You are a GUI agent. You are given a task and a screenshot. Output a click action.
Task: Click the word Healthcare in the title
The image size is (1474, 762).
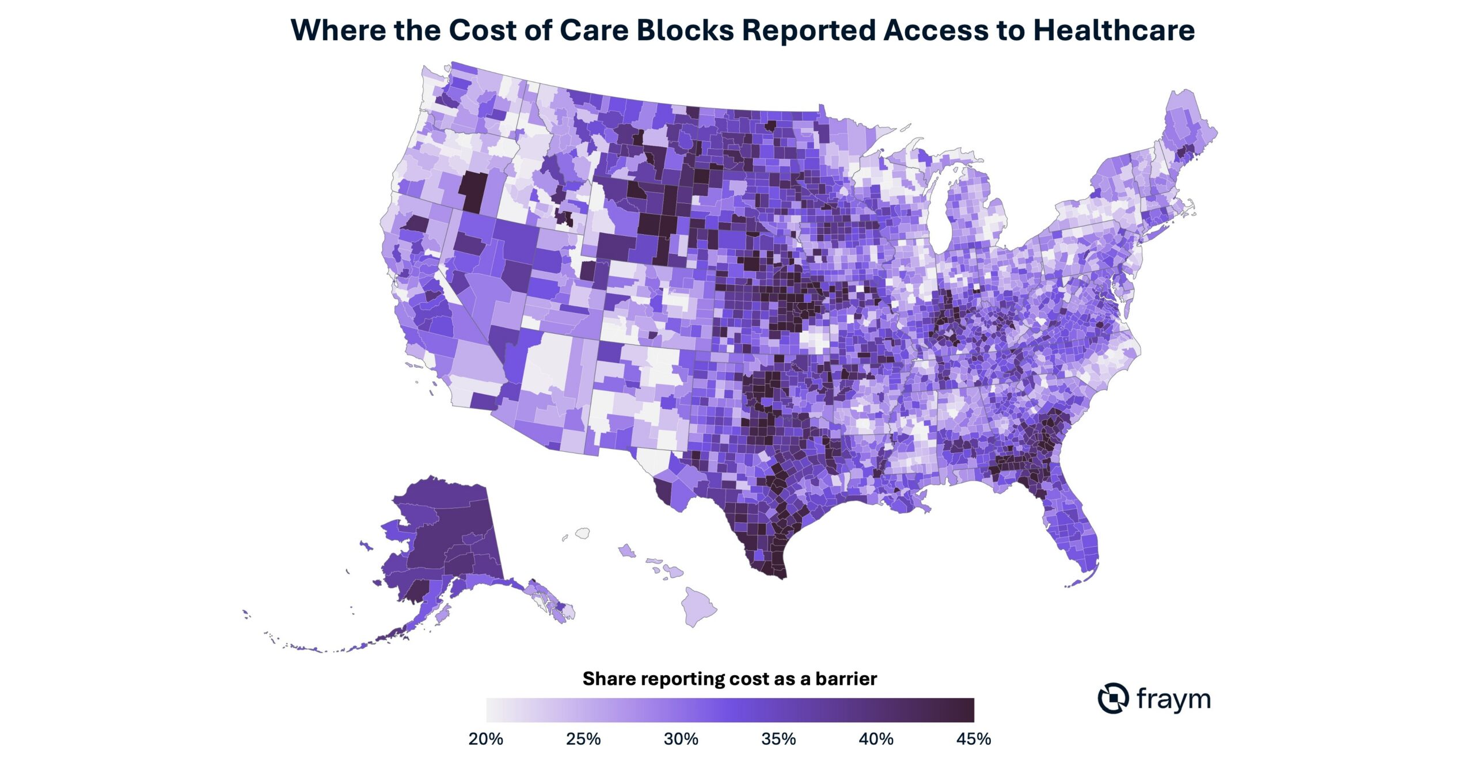click(x=1114, y=30)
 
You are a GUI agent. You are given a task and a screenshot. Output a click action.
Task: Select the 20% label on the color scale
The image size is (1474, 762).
click(x=486, y=739)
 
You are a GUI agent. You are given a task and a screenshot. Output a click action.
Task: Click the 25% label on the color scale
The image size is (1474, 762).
click(x=583, y=739)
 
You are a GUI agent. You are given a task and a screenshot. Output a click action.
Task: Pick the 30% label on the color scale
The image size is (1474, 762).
click(x=681, y=739)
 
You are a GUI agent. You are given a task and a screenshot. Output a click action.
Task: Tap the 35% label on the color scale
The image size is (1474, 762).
click(x=778, y=739)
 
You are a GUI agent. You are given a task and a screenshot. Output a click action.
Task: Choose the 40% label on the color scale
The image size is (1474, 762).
click(x=876, y=739)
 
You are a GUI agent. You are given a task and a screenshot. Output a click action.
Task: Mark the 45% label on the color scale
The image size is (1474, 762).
click(x=974, y=739)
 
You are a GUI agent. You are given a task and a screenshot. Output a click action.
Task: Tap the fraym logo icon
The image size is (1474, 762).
click(x=1113, y=698)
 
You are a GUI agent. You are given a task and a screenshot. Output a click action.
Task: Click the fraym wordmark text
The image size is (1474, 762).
click(x=1173, y=699)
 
